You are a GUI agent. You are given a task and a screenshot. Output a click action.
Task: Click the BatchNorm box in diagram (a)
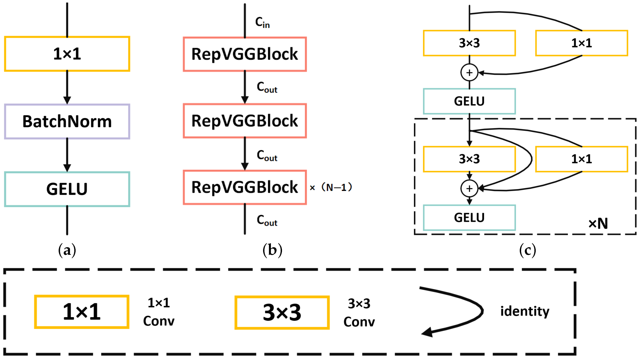tap(67, 122)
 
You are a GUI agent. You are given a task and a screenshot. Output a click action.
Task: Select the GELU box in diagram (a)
tap(67, 189)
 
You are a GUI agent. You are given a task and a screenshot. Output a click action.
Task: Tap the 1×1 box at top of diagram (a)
tap(67, 54)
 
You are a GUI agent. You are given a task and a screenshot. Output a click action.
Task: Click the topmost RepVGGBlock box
tap(245, 54)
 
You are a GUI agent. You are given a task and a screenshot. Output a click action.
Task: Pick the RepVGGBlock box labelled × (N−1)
tap(245, 187)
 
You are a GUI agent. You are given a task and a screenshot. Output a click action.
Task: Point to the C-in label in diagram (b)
tap(262, 22)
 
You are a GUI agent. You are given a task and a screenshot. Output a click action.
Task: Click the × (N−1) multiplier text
tap(331, 188)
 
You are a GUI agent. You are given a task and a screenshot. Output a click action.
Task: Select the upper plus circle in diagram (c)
tap(469, 73)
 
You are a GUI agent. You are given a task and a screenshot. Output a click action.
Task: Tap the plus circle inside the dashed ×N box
tap(469, 189)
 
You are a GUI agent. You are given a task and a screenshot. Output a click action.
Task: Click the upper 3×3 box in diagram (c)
tap(469, 43)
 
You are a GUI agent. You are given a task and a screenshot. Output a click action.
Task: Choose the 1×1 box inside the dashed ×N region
tap(582, 159)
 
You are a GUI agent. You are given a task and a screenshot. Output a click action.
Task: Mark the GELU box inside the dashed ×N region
tap(469, 218)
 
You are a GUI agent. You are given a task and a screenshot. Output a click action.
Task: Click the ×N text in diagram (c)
tap(598, 223)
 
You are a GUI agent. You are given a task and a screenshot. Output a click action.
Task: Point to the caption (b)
tap(272, 250)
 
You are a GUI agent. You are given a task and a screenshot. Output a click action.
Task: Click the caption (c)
tap(528, 250)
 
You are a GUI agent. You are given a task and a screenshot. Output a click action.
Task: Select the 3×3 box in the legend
tap(282, 312)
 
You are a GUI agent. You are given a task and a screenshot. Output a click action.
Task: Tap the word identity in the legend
tap(525, 311)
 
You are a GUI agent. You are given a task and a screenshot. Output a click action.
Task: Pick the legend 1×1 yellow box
tap(82, 312)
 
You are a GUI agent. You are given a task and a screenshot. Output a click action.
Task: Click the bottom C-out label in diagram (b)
tap(267, 220)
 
